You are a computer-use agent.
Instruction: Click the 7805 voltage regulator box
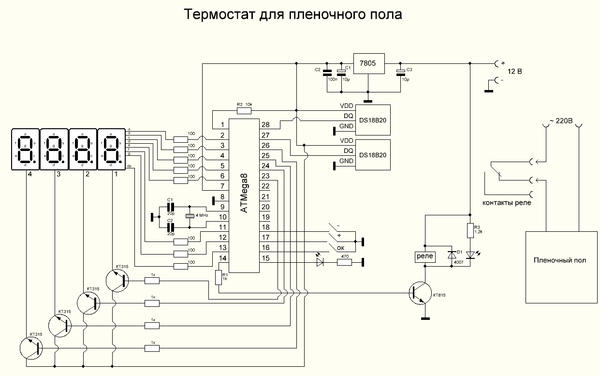tap(369, 63)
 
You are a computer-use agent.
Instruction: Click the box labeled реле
tap(424, 256)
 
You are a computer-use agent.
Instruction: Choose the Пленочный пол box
tap(560, 260)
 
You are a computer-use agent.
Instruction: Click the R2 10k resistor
tap(244, 110)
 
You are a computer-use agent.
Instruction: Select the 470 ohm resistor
tap(344, 262)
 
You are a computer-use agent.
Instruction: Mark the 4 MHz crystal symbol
tap(190, 216)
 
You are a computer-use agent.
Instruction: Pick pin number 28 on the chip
tap(264, 125)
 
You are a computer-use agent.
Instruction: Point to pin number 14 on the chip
tap(221, 258)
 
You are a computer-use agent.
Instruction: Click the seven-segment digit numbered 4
tap(25, 149)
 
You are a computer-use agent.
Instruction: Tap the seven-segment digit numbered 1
tap(112, 149)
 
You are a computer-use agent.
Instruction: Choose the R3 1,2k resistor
tap(468, 230)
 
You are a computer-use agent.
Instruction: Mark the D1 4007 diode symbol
tap(453, 255)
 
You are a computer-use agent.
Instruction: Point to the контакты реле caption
tap(507, 203)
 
